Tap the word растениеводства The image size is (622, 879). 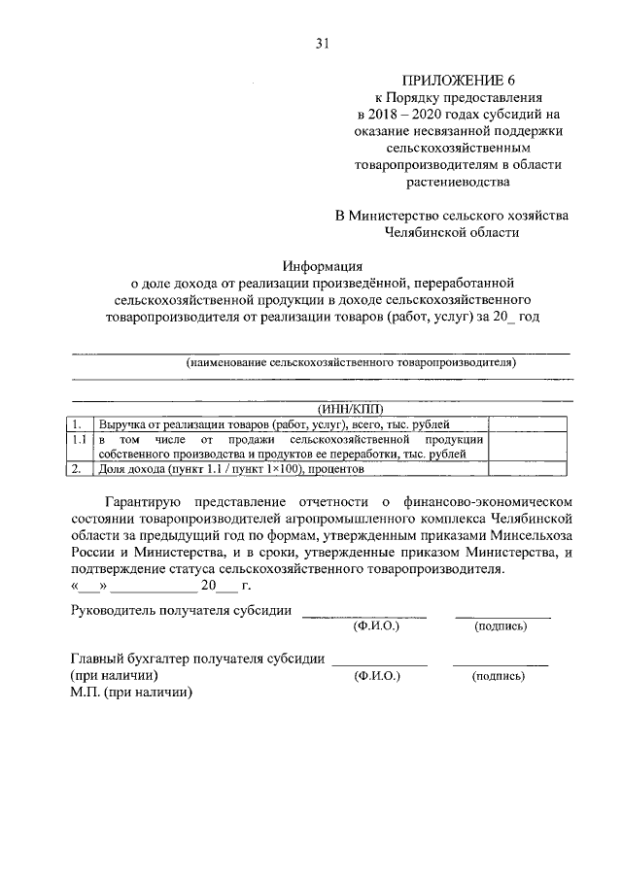point(461,181)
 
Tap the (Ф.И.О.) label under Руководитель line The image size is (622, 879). point(376,627)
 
